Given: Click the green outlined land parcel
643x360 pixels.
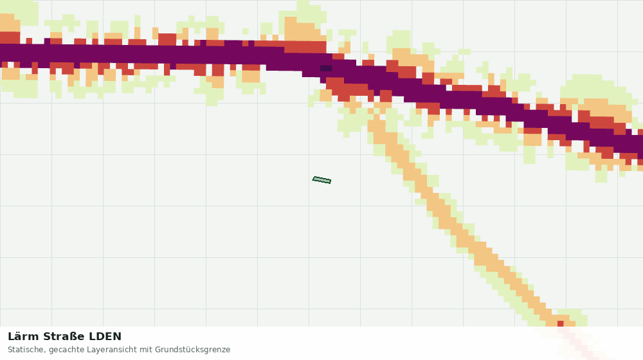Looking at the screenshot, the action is click(x=321, y=180).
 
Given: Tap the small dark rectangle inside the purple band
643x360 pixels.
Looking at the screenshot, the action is click(x=326, y=69).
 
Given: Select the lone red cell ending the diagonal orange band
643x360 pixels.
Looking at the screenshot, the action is click(x=560, y=324).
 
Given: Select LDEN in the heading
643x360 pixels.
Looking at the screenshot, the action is click(x=105, y=337).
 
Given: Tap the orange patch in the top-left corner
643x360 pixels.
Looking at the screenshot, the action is click(x=10, y=23).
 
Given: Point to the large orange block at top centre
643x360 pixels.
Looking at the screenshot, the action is click(x=302, y=30).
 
